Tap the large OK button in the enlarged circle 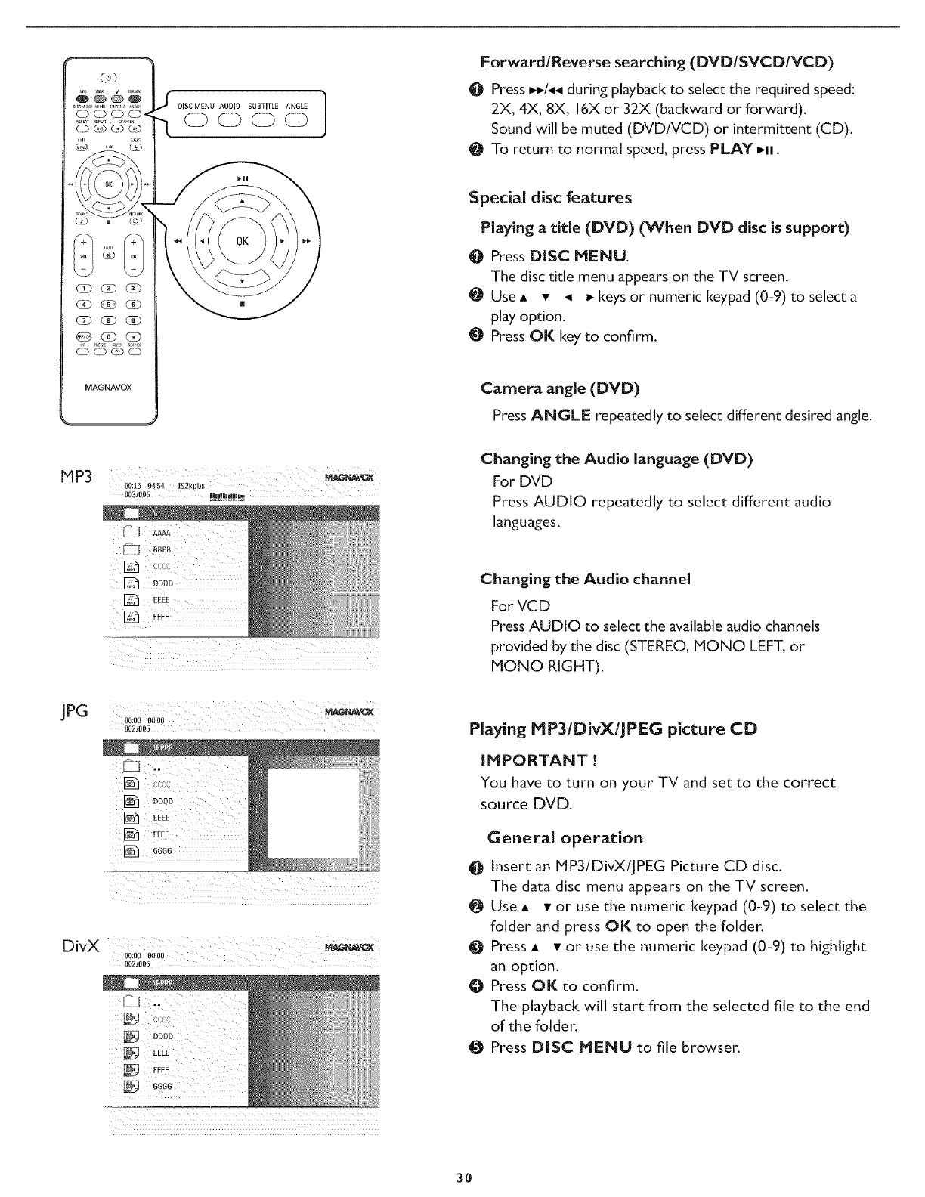click(243, 243)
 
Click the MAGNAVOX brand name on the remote click(108, 388)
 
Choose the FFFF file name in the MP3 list click(161, 617)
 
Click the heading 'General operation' click(565, 837)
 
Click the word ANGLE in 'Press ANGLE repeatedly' click(560, 416)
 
